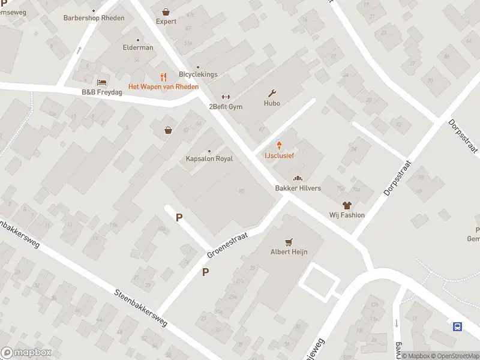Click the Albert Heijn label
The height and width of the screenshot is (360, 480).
click(289, 252)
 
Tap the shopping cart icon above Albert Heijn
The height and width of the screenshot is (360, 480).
click(289, 242)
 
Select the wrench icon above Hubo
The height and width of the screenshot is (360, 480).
click(272, 93)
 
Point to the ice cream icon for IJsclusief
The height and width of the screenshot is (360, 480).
click(280, 145)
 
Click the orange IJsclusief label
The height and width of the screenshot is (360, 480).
click(280, 155)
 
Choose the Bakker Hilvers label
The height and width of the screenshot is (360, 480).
click(298, 188)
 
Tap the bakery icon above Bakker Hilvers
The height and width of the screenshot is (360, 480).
click(298, 178)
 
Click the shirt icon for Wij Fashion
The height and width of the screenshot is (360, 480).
click(347, 205)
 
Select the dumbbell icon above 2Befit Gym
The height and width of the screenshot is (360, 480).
click(226, 97)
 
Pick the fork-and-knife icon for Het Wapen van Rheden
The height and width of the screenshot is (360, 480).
click(163, 77)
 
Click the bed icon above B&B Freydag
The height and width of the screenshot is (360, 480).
click(101, 82)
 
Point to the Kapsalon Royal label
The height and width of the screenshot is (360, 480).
click(209, 159)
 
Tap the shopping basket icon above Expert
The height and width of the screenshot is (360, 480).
click(166, 11)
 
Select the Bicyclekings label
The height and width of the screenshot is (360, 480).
click(198, 74)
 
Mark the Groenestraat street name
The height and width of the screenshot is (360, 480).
click(227, 247)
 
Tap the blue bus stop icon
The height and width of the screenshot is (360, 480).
click(457, 326)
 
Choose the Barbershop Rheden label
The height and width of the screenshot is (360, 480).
click(94, 18)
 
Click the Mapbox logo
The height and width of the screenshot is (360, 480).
click(26, 353)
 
